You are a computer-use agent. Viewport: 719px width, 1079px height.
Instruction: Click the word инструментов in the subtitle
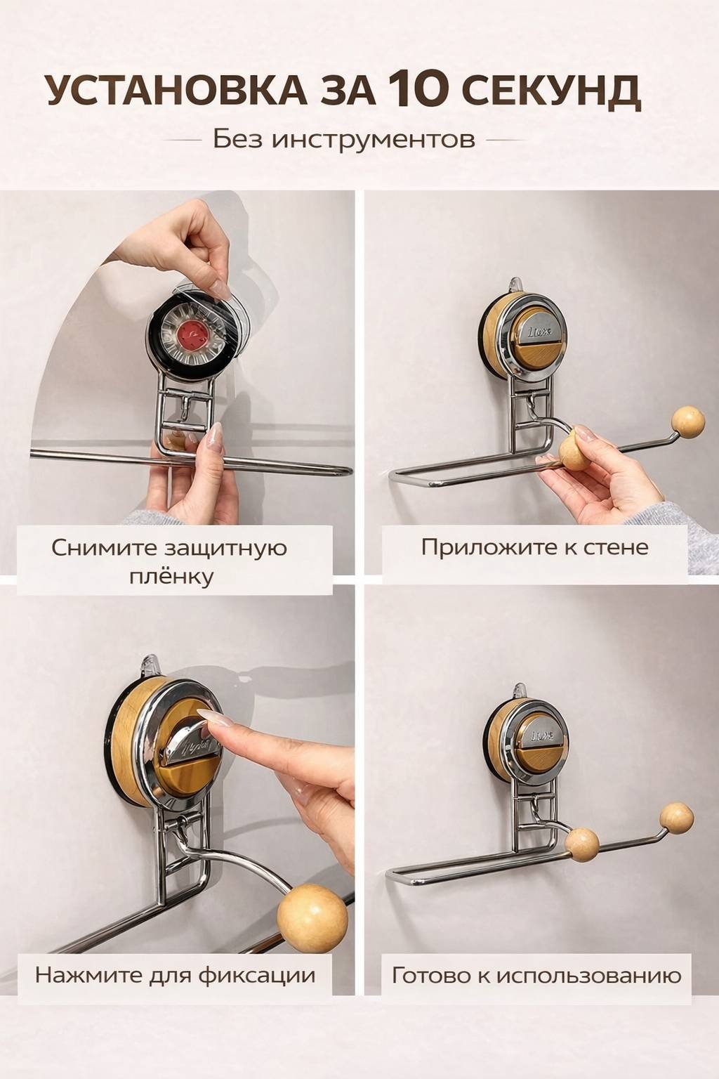coord(374,140)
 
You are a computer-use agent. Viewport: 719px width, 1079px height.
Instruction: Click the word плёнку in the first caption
coord(171,577)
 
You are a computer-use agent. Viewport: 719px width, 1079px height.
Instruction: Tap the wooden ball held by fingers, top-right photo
coord(576,449)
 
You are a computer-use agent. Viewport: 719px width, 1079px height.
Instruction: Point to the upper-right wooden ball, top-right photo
coord(689,422)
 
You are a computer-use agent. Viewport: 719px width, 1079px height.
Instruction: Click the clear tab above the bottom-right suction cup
coord(520,689)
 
